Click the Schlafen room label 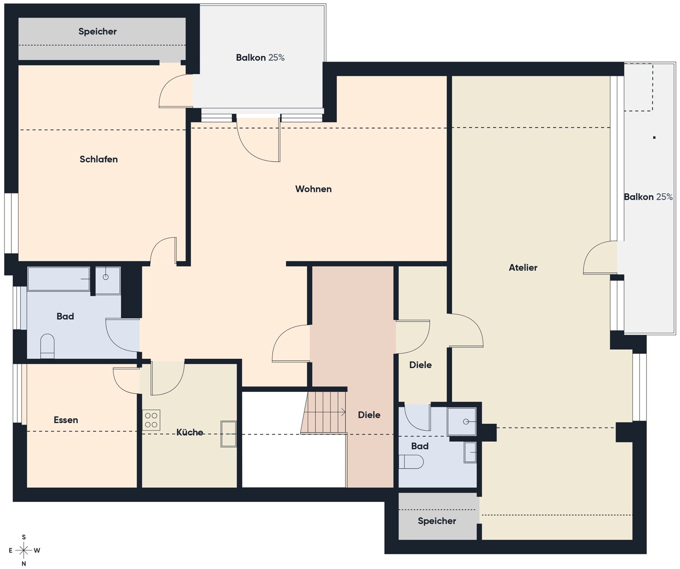pyautogui.click(x=99, y=159)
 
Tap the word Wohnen pyautogui.click(x=313, y=189)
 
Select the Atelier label pyautogui.click(x=523, y=267)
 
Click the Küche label pyautogui.click(x=190, y=432)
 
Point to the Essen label pyautogui.click(x=66, y=420)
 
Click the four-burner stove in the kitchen pyautogui.click(x=151, y=420)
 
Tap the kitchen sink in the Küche pyautogui.click(x=228, y=434)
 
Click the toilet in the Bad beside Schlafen pyautogui.click(x=47, y=346)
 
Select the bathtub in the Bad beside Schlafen pyautogui.click(x=59, y=279)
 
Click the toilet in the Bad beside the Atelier pyautogui.click(x=411, y=462)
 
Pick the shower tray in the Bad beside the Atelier pyautogui.click(x=461, y=421)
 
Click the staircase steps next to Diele pyautogui.click(x=324, y=412)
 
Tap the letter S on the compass pyautogui.click(x=24, y=537)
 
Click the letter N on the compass pyautogui.click(x=24, y=564)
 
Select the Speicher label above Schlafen pyautogui.click(x=98, y=32)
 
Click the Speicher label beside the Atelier pyautogui.click(x=437, y=521)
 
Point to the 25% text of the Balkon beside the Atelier pyautogui.click(x=665, y=197)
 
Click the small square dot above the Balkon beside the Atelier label pyautogui.click(x=654, y=138)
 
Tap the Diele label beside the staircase pyautogui.click(x=369, y=415)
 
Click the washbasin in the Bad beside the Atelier pyautogui.click(x=470, y=452)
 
